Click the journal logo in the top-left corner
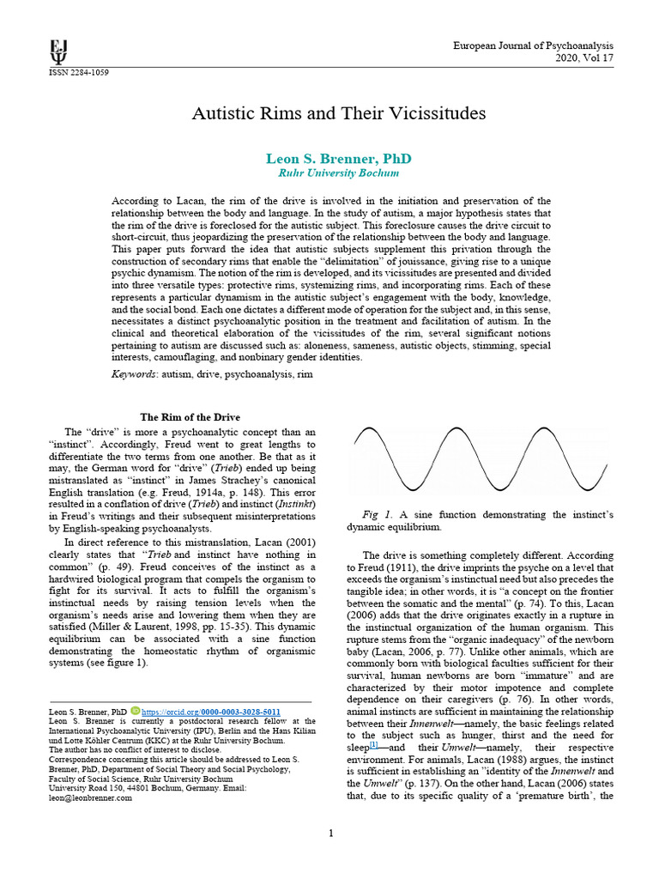pyautogui.click(x=58, y=52)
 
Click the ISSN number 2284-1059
pyautogui.click(x=78, y=72)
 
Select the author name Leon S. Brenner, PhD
pyautogui.click(x=327, y=159)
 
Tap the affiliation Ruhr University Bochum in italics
pyautogui.click(x=326, y=173)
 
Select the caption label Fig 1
pyautogui.click(x=377, y=514)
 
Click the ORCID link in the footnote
pyautogui.click(x=211, y=712)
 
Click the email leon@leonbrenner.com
pyautogui.click(x=90, y=797)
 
